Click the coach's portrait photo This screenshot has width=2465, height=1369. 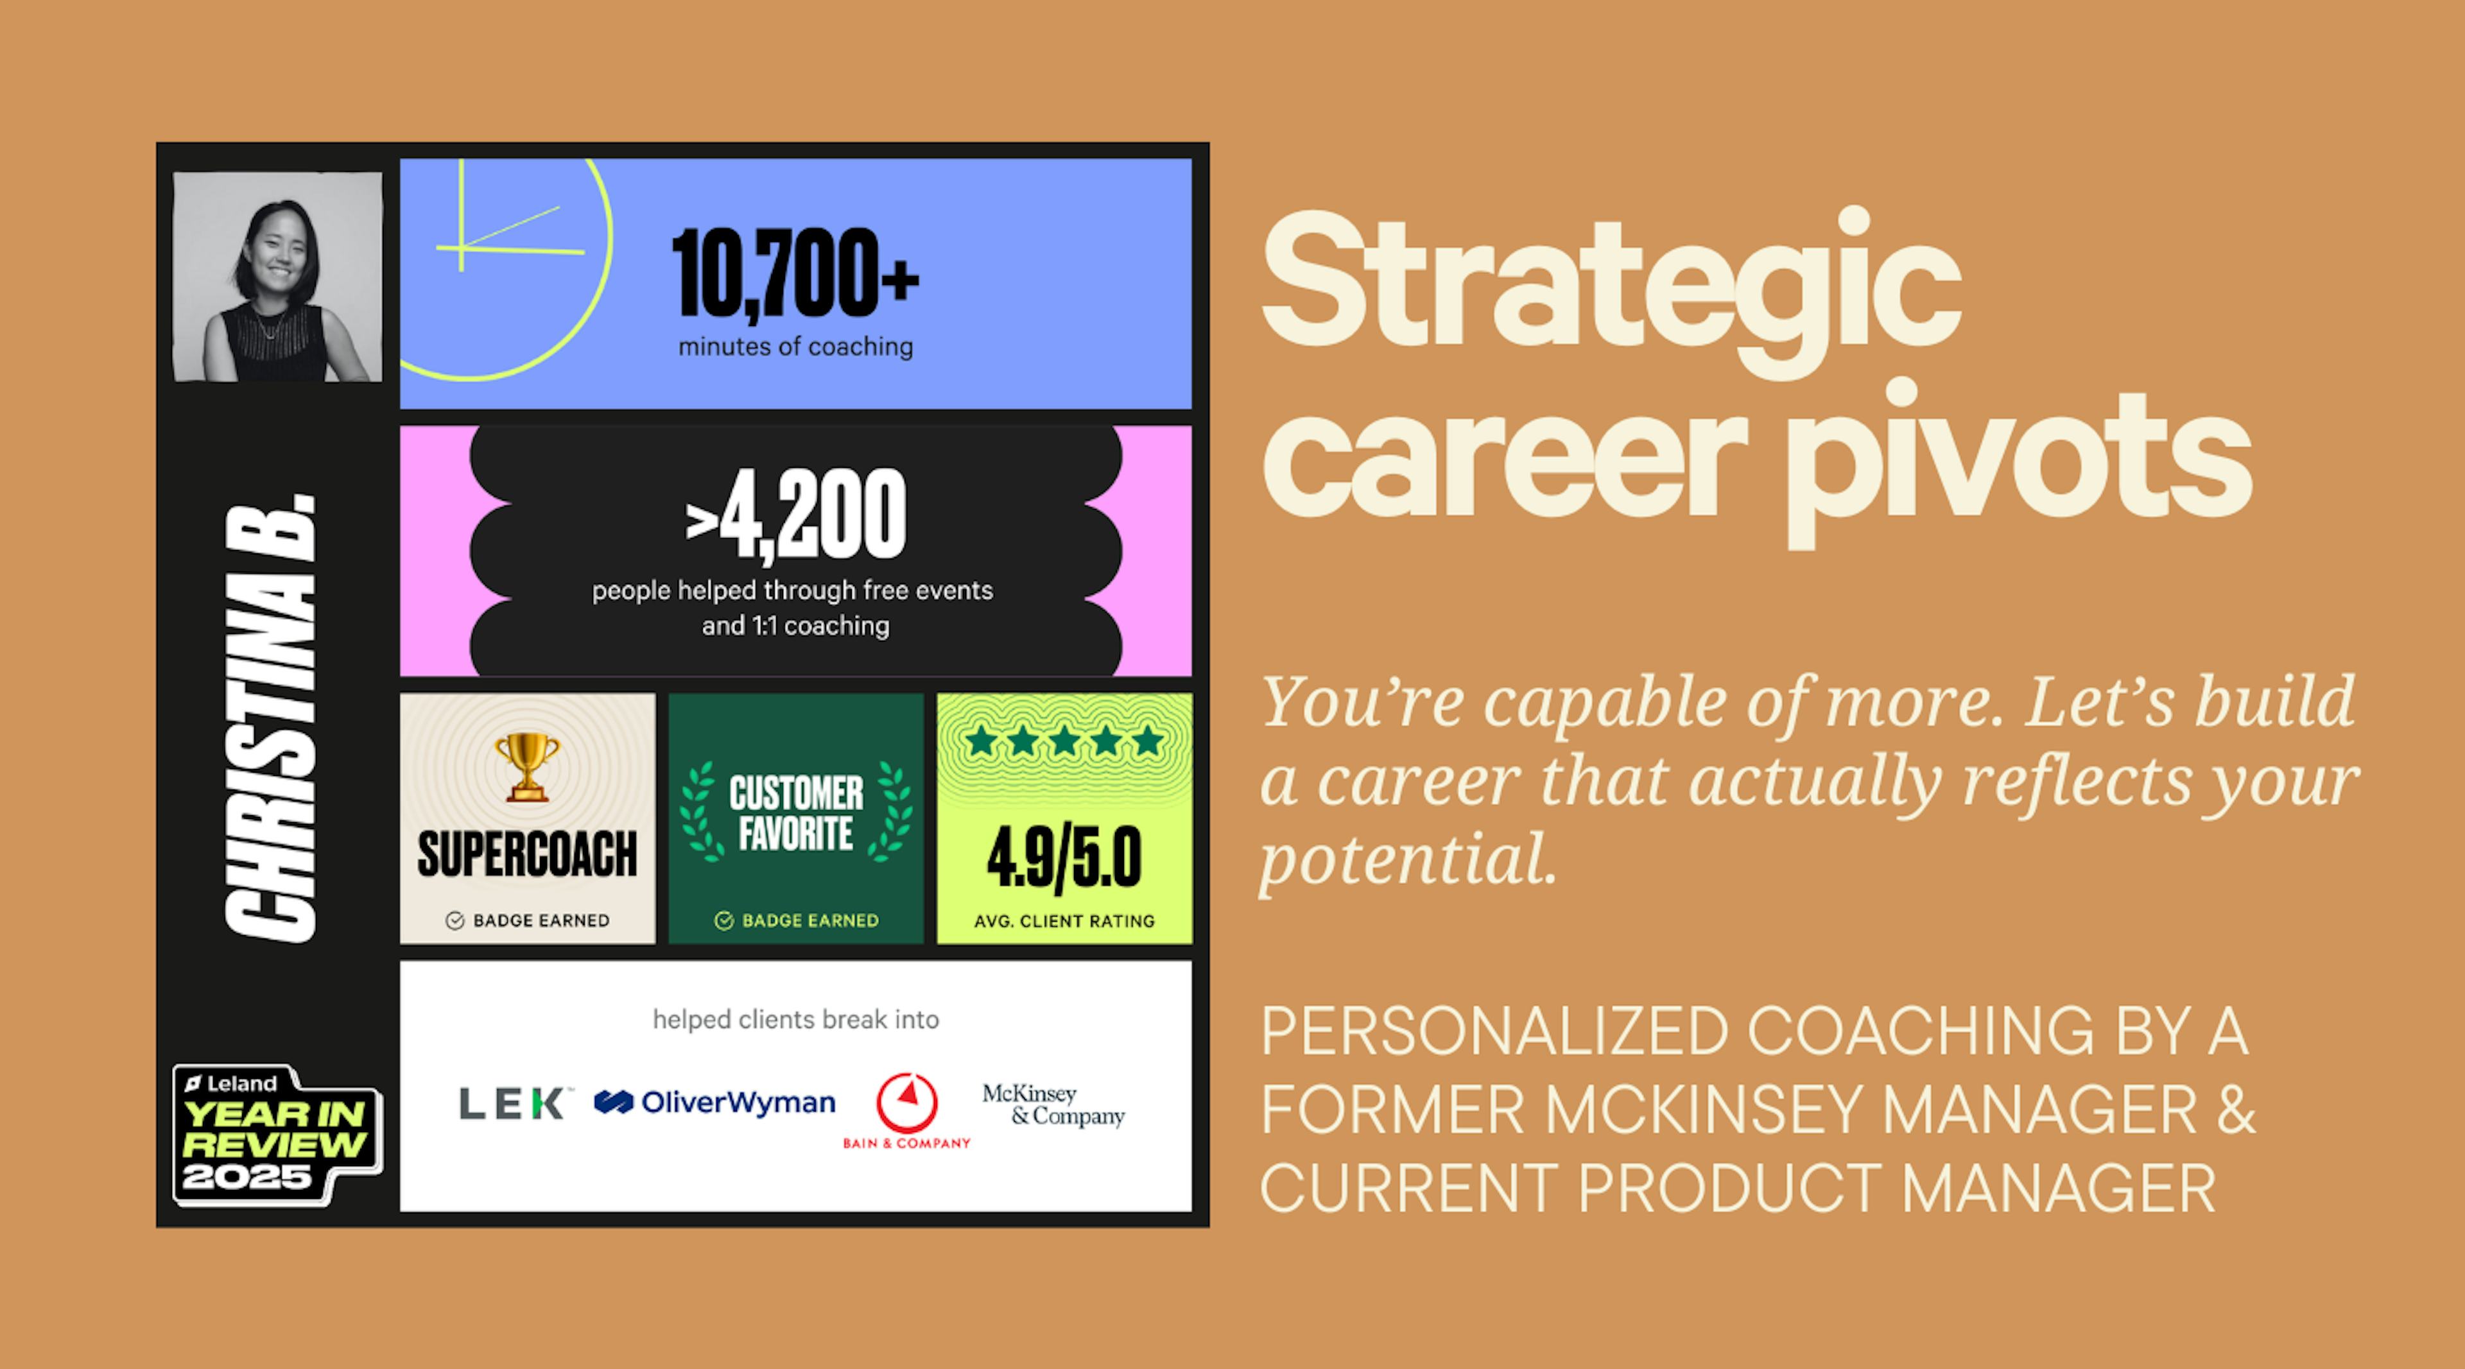click(277, 277)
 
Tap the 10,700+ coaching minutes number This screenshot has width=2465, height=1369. click(794, 273)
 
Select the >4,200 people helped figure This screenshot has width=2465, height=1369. click(795, 515)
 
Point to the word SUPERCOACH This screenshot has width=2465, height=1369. click(527, 854)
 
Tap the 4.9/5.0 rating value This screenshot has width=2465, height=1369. click(1064, 858)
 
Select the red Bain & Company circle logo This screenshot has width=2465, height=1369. click(907, 1103)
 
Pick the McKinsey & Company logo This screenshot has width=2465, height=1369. click(1053, 1105)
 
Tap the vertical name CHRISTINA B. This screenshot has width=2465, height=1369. click(271, 718)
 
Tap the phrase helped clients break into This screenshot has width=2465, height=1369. click(795, 1020)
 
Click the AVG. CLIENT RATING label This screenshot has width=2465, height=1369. click(1064, 921)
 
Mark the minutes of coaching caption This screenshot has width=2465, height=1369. click(795, 347)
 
